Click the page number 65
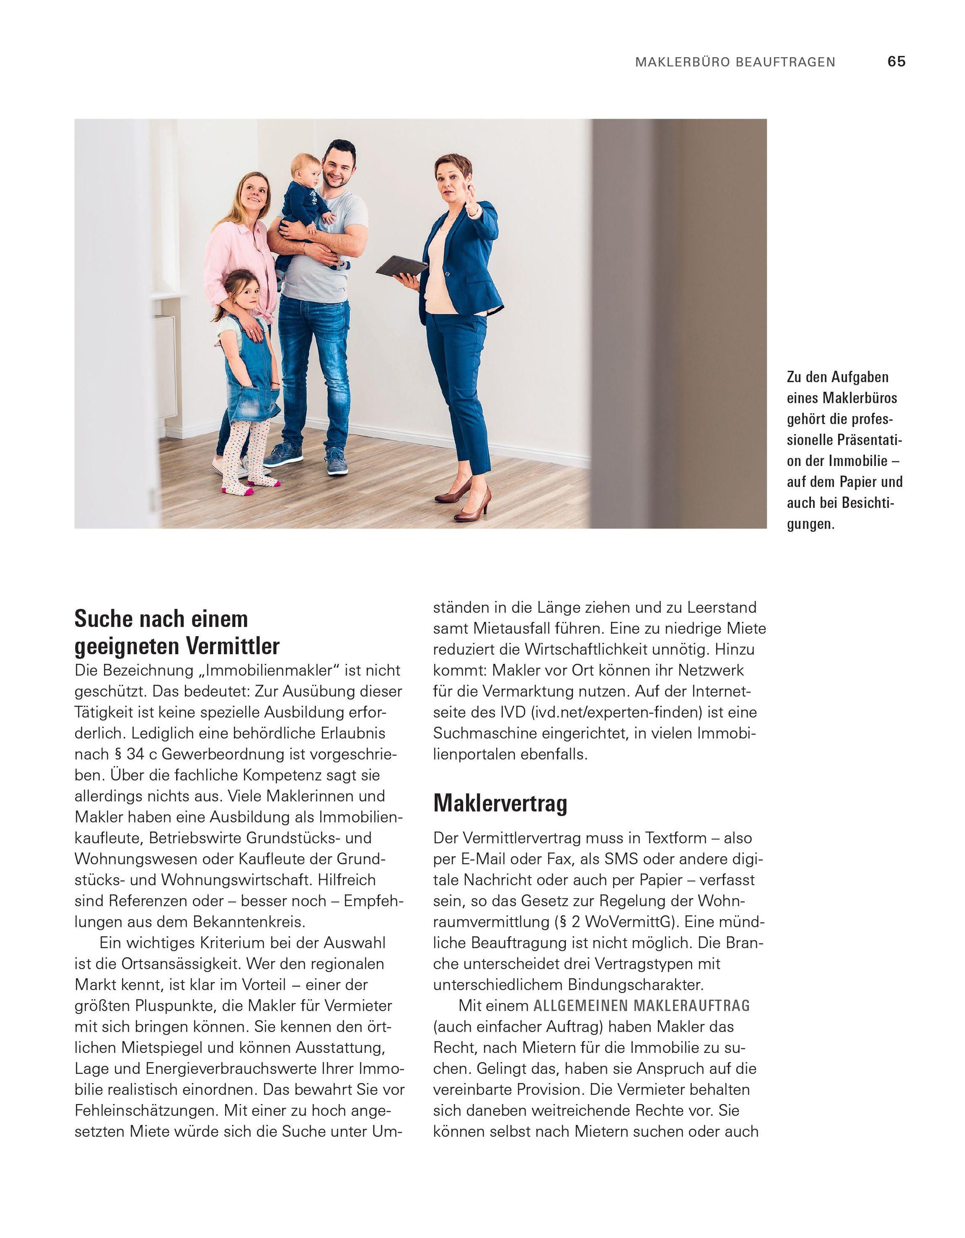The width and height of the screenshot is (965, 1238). click(896, 62)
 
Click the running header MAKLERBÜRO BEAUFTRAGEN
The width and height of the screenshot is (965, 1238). click(735, 62)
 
